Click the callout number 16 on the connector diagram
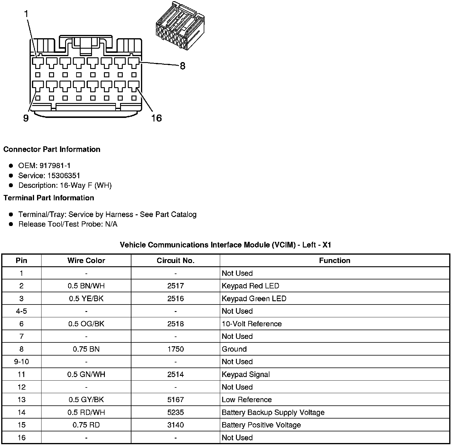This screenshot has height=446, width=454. tap(156, 118)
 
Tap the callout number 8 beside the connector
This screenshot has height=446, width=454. tap(182, 66)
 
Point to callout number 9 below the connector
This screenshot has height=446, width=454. tap(26, 119)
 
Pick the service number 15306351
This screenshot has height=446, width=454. tap(64, 176)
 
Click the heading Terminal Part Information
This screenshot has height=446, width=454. tap(49, 198)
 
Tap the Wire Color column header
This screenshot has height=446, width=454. tap(86, 261)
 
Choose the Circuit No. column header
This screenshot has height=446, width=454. tap(175, 261)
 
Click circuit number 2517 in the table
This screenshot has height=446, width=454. tap(175, 286)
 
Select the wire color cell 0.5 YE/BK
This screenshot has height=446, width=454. tap(86, 299)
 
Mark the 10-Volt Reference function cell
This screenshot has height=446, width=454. tap(251, 324)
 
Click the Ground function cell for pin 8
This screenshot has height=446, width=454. tap(234, 349)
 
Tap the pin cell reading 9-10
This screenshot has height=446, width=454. tap(22, 362)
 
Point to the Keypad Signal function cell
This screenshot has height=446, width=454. tap(246, 375)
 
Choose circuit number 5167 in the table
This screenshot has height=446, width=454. tap(175, 400)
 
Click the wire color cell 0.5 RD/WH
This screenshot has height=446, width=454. tap(86, 413)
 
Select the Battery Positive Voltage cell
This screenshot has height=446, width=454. tap(261, 425)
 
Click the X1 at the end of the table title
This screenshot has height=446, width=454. tap(327, 245)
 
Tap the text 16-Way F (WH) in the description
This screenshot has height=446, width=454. tap(86, 185)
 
